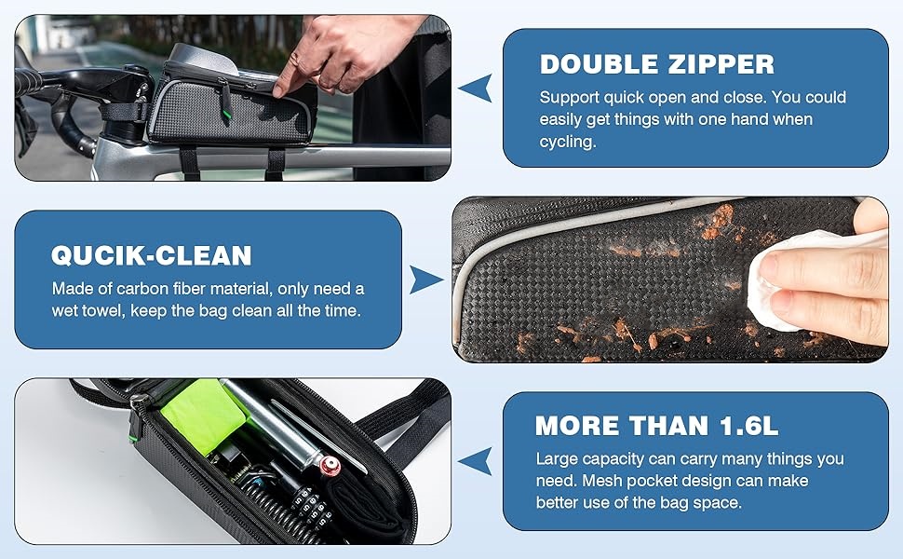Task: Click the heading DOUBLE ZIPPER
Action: pyautogui.click(x=656, y=64)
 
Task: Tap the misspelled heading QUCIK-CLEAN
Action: pyautogui.click(x=152, y=255)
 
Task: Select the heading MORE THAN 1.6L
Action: pyautogui.click(x=656, y=426)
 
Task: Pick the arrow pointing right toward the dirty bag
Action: pyautogui.click(x=426, y=279)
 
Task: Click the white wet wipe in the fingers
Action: pyautogui.click(x=795, y=277)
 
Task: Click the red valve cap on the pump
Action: pyautogui.click(x=330, y=465)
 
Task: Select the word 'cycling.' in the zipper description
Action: pyautogui.click(x=568, y=142)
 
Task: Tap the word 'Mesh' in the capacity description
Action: pyautogui.click(x=602, y=481)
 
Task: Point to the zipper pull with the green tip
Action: pyautogui.click(x=225, y=102)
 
